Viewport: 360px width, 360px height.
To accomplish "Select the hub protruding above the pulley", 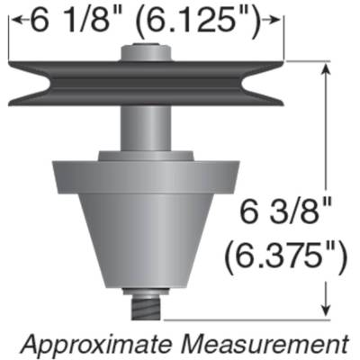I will pyautogui.click(x=148, y=50).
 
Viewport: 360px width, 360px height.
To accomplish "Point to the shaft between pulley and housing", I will pyautogui.click(x=148, y=126).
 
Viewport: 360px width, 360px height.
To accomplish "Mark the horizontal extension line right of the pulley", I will pyautogui.click(x=306, y=60).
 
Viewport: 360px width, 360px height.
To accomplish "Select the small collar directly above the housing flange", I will pyautogui.click(x=148, y=156).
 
